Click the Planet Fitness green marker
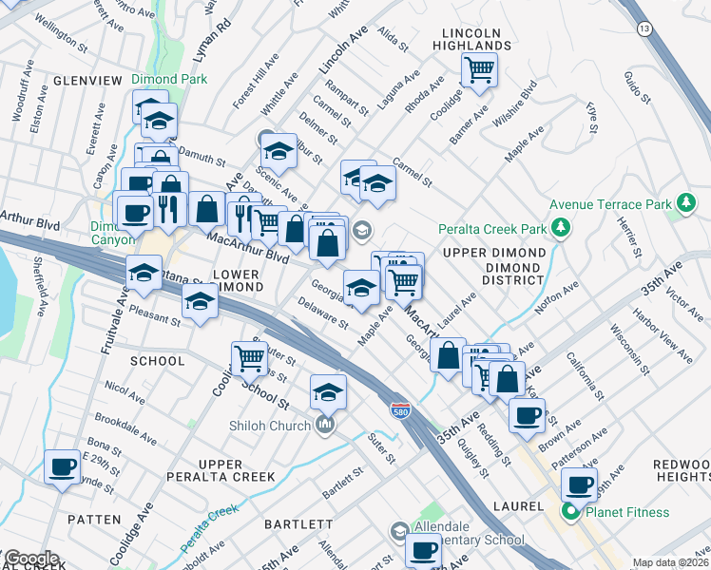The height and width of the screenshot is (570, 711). click(571, 513)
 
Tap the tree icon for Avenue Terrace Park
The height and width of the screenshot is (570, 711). click(684, 204)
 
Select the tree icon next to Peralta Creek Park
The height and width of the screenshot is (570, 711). click(562, 228)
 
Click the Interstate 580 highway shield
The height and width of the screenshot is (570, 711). click(399, 409)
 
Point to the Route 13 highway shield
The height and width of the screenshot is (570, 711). click(644, 30)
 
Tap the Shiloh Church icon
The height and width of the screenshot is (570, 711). click(325, 425)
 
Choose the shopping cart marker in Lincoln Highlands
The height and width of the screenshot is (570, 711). click(479, 68)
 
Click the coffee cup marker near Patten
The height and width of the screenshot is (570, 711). click(63, 467)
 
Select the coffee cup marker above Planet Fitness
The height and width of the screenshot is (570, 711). click(578, 484)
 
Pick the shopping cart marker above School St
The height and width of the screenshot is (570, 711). click(250, 358)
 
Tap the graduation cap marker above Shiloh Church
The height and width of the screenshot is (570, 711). click(328, 391)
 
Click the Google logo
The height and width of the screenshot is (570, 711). click(30, 559)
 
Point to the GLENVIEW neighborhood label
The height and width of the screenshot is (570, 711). click(86, 82)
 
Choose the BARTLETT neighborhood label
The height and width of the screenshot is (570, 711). click(300, 523)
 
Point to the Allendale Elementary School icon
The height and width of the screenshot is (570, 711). click(400, 531)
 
